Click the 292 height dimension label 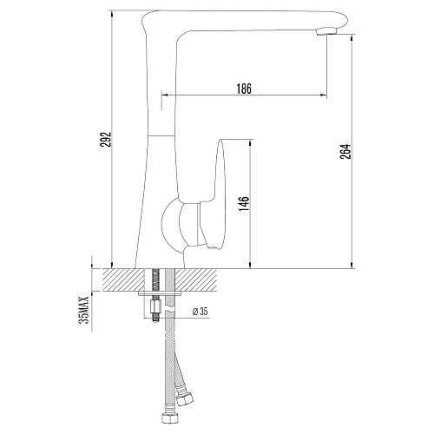[106, 140]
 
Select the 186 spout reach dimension [244, 89]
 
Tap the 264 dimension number [345, 151]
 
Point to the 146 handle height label [244, 204]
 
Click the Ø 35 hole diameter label [200, 312]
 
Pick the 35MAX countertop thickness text [85, 310]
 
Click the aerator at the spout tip [327, 31]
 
